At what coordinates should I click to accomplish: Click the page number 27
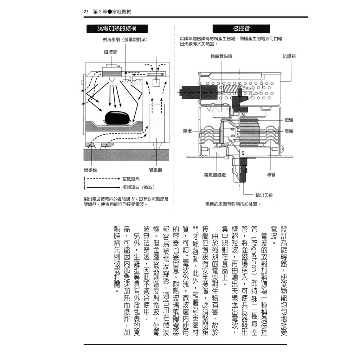86,12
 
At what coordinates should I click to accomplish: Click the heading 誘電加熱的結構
117,29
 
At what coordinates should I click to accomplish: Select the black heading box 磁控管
241,29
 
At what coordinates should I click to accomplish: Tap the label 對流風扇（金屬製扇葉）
124,40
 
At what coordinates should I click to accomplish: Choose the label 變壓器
155,170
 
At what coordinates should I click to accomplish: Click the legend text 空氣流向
130,179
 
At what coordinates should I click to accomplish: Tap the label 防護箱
289,56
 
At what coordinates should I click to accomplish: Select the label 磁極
289,120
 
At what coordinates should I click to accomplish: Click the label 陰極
289,131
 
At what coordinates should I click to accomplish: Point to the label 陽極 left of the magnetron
188,131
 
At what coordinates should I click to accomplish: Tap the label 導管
271,174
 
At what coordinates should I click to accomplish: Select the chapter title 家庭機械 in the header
121,12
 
